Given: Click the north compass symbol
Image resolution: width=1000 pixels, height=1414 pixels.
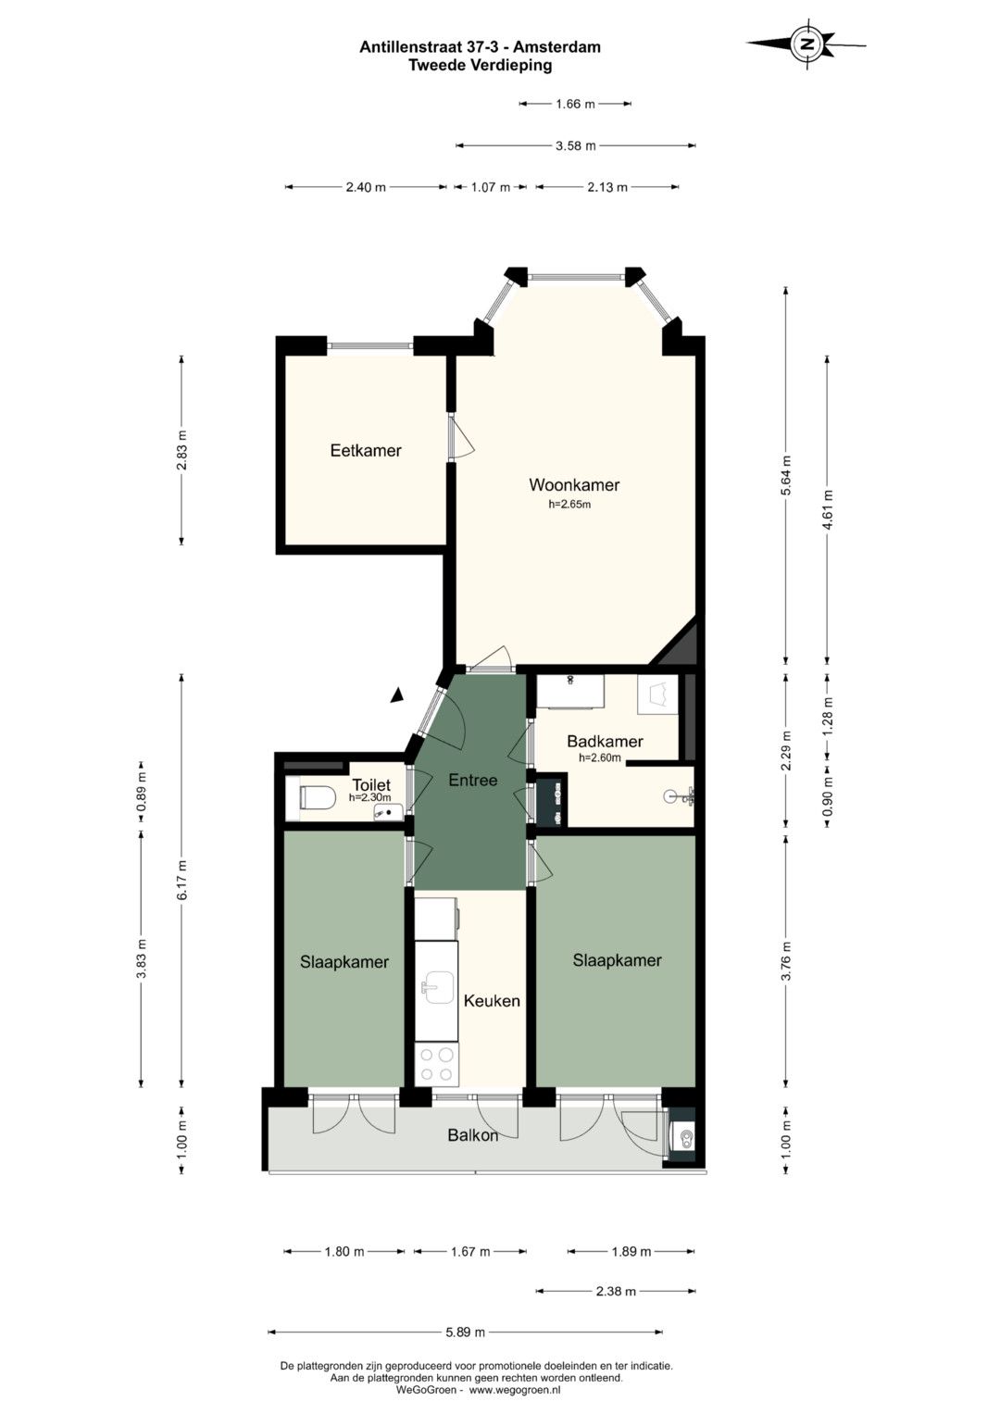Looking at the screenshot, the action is (806, 44).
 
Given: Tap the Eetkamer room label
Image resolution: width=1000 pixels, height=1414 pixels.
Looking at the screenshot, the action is (366, 450).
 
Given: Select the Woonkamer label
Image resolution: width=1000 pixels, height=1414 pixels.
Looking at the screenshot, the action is (574, 485).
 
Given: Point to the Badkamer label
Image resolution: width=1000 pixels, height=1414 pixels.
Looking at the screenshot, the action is (605, 741).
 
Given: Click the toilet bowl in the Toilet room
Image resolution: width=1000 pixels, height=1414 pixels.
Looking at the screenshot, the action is (317, 797).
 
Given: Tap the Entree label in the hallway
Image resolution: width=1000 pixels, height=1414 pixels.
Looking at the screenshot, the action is (473, 781).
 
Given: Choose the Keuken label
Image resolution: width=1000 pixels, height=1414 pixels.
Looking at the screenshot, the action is (492, 1000).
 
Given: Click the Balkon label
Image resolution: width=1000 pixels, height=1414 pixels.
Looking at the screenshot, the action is (473, 1135).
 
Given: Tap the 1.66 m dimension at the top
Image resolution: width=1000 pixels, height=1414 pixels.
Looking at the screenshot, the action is (575, 104).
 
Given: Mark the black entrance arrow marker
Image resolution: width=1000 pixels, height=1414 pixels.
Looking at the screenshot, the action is (397, 695).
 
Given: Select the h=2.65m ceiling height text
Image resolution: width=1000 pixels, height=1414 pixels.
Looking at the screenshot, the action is (569, 505).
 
